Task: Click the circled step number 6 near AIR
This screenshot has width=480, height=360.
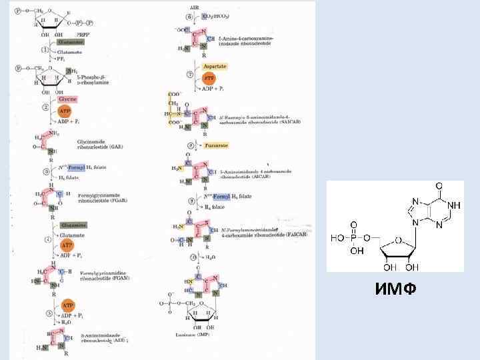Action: coord(190,16)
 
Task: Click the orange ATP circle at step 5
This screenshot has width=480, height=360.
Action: coord(67,305)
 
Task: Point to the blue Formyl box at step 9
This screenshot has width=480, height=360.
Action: coord(221,197)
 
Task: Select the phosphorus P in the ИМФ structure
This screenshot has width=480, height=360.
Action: coord(353,237)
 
